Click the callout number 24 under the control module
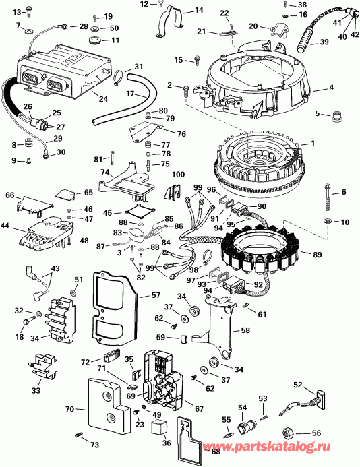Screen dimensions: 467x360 click(103, 99)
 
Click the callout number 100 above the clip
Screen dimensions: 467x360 click(178, 176)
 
